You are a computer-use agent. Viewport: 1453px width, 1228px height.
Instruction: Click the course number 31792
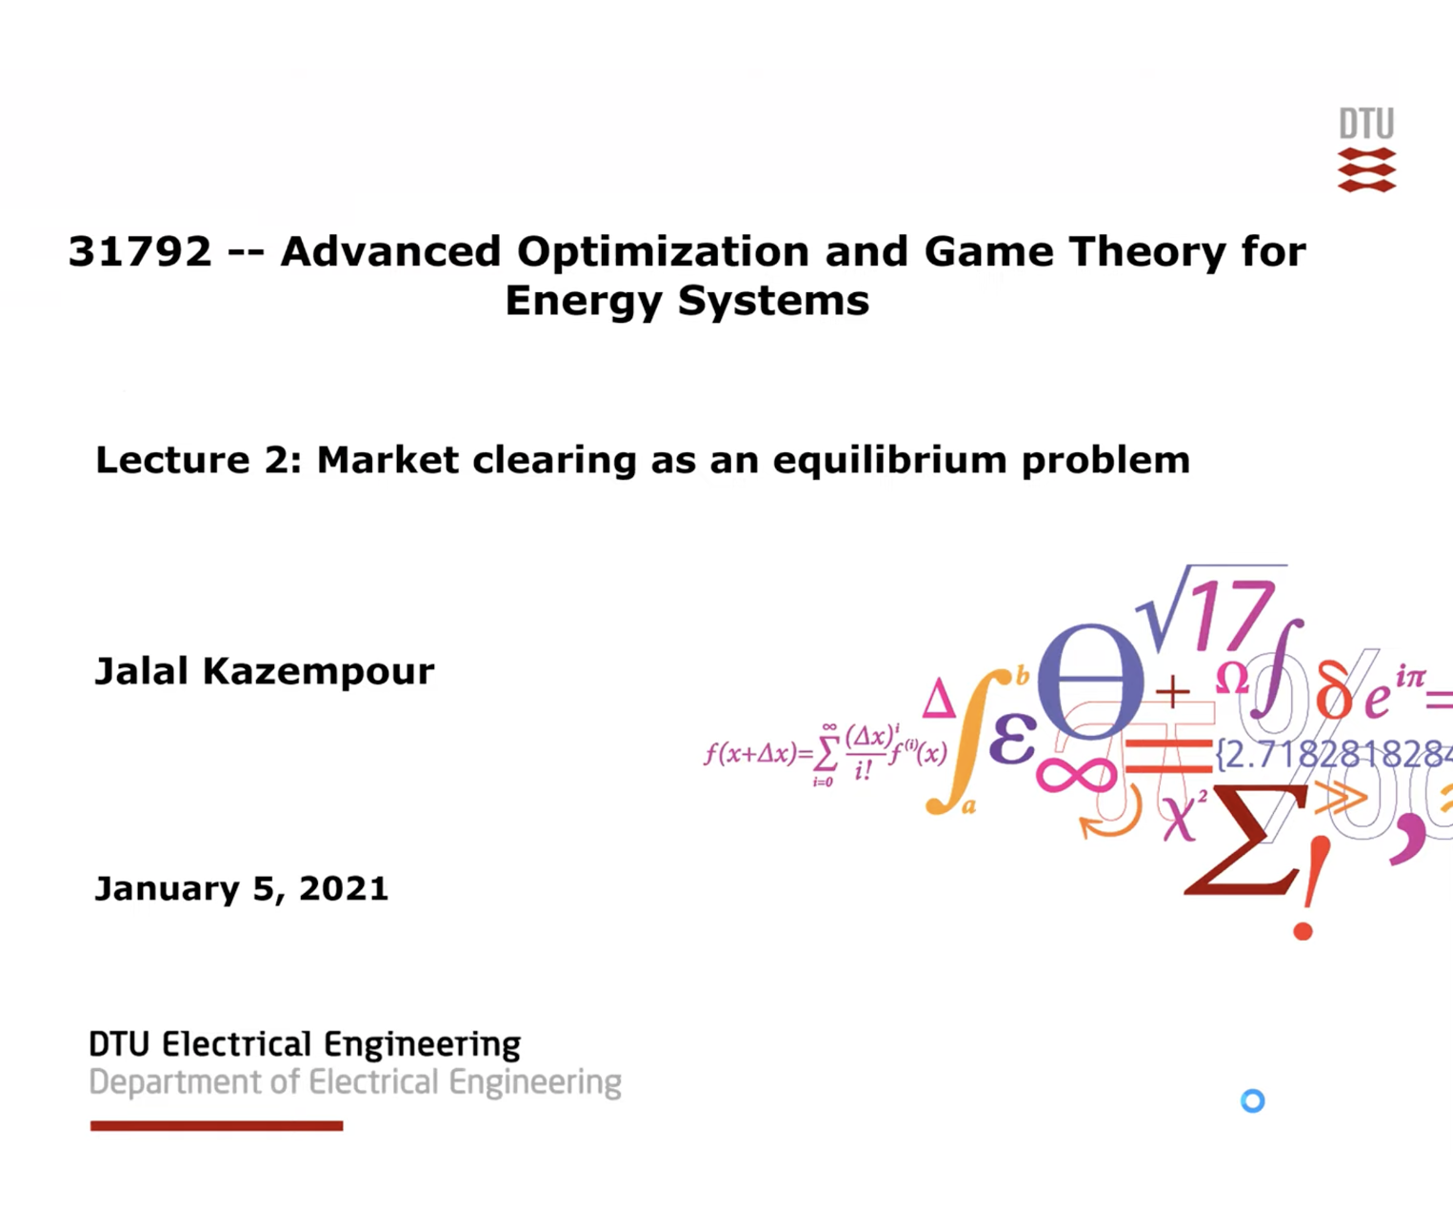tap(139, 252)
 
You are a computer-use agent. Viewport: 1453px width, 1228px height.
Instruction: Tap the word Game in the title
tap(988, 252)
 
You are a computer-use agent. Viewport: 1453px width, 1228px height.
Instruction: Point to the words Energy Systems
tap(687, 302)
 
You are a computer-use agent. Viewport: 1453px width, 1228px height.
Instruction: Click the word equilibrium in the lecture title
tap(890, 461)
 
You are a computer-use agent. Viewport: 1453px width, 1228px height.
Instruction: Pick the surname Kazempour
tap(318, 672)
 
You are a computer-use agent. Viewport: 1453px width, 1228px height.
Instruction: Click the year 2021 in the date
tap(343, 889)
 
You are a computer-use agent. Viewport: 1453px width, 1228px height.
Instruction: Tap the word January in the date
tap(168, 889)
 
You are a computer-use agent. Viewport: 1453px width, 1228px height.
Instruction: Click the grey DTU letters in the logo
tap(1366, 124)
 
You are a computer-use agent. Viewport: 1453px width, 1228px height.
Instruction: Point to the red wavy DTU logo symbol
tap(1366, 170)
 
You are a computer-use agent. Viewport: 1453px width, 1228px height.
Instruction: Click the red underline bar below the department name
tap(216, 1126)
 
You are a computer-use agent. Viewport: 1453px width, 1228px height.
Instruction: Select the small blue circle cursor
tap(1253, 1101)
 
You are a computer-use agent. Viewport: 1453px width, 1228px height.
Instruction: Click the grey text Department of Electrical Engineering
tap(354, 1083)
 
